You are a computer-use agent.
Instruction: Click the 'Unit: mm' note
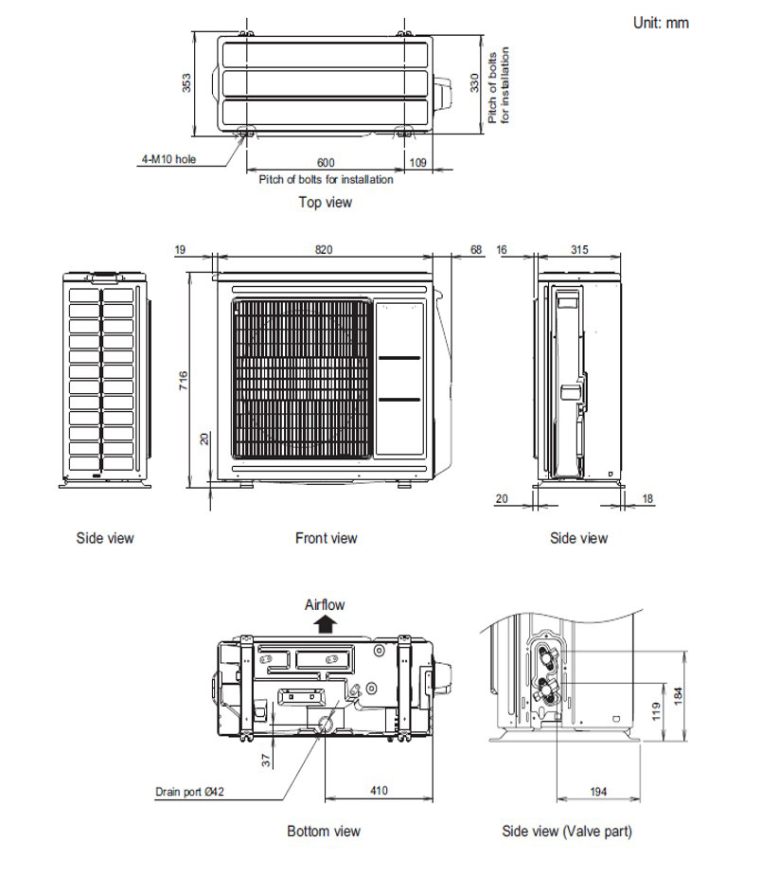tap(660, 23)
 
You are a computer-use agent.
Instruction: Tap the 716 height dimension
tap(185, 380)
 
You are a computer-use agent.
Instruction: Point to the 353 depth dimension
tap(187, 83)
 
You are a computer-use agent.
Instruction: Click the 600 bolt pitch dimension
tap(326, 163)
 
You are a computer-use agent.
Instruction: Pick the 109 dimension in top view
tap(417, 163)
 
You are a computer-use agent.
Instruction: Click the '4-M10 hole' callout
tap(168, 160)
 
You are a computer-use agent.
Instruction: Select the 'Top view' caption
tap(325, 202)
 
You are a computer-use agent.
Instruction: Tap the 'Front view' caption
tap(326, 538)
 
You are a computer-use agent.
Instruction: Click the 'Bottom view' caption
tap(324, 831)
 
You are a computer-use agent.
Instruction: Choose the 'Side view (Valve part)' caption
tap(566, 831)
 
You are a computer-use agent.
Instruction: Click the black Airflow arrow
tap(325, 623)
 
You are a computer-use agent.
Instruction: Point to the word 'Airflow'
tap(325, 604)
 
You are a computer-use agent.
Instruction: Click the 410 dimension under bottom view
tap(379, 791)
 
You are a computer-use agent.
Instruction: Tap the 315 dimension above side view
tap(579, 250)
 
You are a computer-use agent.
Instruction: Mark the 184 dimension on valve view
tap(678, 696)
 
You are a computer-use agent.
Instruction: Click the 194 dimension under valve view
tap(598, 791)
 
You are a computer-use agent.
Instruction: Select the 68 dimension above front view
tap(475, 250)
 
